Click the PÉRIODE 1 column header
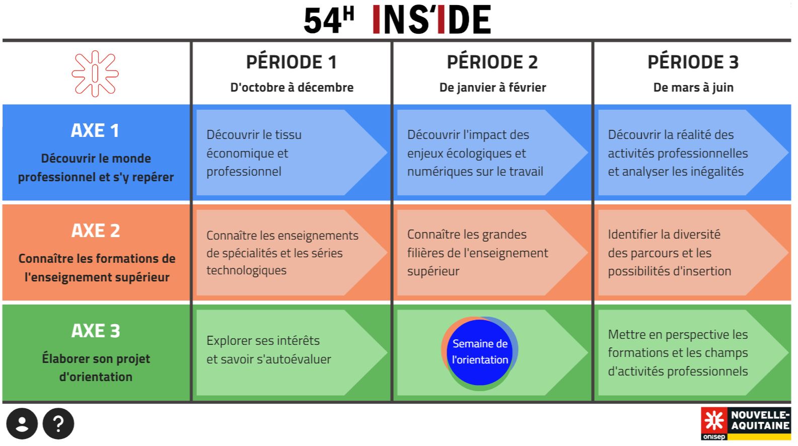pyautogui.click(x=292, y=62)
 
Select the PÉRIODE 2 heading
pyautogui.click(x=492, y=62)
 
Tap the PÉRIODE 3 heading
pyautogui.click(x=693, y=62)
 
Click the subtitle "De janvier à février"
pyautogui.click(x=492, y=87)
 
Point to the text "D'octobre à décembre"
pyautogui.click(x=292, y=87)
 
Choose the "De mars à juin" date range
pyautogui.click(x=693, y=87)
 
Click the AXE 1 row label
pyautogui.click(x=95, y=130)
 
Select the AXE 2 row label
pyautogui.click(x=96, y=231)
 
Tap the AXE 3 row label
pyautogui.click(x=96, y=331)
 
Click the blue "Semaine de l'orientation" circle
pyautogui.click(x=479, y=352)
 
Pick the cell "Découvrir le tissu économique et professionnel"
pyautogui.click(x=292, y=153)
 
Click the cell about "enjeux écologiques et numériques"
pyautogui.click(x=492, y=153)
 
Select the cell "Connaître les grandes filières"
pyautogui.click(x=492, y=253)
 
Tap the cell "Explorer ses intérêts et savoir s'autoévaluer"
pyautogui.click(x=292, y=353)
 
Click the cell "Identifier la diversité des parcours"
pyautogui.click(x=693, y=253)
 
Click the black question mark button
pyautogui.click(x=58, y=423)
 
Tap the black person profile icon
pyautogui.click(x=22, y=423)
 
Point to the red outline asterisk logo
pyautogui.click(x=95, y=73)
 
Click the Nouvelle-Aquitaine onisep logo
pyautogui.click(x=746, y=423)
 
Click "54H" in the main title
pyautogui.click(x=328, y=20)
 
